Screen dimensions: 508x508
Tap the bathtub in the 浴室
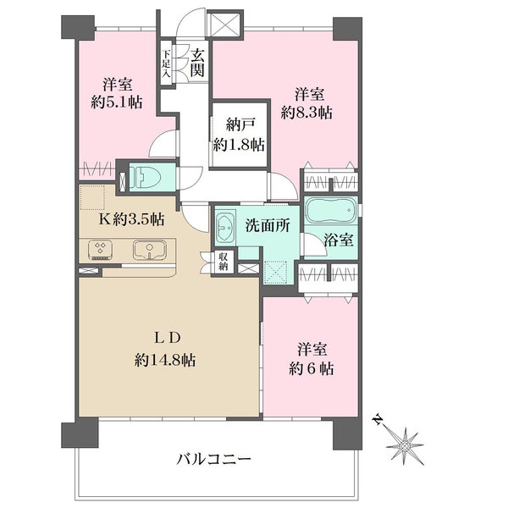click(x=331, y=211)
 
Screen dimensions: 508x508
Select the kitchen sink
click(x=149, y=250)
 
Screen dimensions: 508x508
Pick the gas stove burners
click(x=100, y=250)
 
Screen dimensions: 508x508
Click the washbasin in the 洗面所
click(x=225, y=228)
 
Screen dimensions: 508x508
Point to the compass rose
click(x=405, y=446)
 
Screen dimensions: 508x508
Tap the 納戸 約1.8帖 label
click(x=239, y=135)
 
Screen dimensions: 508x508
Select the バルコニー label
click(x=213, y=459)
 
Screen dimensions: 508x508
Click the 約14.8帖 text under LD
click(x=165, y=360)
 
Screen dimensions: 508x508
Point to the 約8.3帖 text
click(x=306, y=113)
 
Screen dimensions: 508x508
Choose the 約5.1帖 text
click(x=117, y=102)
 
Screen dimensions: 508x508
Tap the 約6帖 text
click(x=312, y=368)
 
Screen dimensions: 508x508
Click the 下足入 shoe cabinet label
click(x=166, y=63)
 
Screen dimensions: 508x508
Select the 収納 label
click(x=224, y=262)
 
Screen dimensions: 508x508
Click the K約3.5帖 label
click(x=131, y=219)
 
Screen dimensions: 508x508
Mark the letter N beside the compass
click(x=377, y=420)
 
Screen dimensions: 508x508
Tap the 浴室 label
click(x=339, y=240)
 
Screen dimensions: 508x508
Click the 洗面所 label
click(x=268, y=226)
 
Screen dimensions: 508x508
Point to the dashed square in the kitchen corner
click(x=92, y=197)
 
